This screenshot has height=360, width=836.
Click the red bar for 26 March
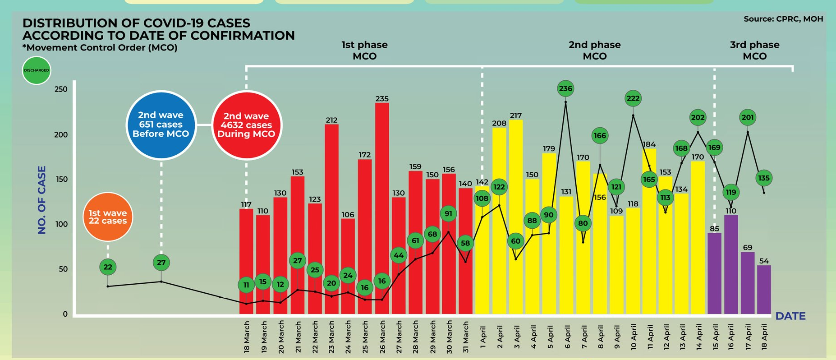[x=382, y=208]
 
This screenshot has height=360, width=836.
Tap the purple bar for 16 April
[x=731, y=264]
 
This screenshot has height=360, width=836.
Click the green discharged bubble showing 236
[x=565, y=88]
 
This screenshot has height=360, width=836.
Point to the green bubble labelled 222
[x=633, y=98]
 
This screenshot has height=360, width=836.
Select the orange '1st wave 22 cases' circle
[x=108, y=217]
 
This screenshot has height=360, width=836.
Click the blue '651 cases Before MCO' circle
[x=161, y=125]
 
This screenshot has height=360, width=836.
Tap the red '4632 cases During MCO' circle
[x=246, y=125]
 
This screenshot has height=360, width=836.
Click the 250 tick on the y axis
[x=60, y=89]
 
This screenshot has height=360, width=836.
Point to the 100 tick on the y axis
[x=60, y=224]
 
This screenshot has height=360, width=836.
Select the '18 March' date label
[x=247, y=337]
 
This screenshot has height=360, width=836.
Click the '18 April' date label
[x=764, y=337]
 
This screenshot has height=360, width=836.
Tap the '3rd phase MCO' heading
[x=754, y=51]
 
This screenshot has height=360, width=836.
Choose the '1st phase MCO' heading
[x=364, y=51]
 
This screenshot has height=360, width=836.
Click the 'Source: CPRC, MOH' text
[x=783, y=19]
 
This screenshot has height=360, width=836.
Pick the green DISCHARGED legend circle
[x=37, y=70]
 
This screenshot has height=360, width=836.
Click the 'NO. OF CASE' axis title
[x=42, y=200]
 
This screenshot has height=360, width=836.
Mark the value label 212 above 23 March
[x=331, y=120]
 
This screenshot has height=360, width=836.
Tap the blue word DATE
[x=790, y=316]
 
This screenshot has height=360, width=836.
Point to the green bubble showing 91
[x=448, y=213]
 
